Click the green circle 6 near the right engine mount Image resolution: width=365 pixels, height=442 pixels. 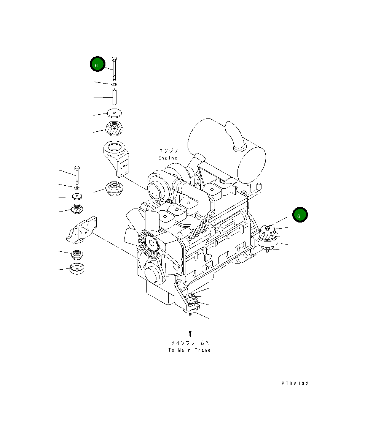point(300,215)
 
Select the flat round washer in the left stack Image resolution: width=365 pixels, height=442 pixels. point(77,196)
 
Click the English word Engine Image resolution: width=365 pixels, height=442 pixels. point(168,158)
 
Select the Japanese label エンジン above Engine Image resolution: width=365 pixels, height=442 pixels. point(168,151)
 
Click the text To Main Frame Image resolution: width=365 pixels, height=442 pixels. point(189,350)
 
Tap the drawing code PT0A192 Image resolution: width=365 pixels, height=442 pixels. point(295,383)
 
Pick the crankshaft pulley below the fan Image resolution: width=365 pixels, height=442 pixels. point(153,273)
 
